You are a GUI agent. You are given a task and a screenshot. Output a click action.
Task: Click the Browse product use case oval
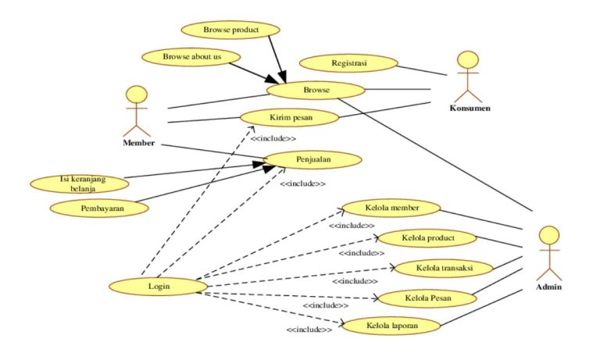coord(230,30)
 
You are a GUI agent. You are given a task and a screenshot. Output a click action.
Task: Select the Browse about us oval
coord(191,57)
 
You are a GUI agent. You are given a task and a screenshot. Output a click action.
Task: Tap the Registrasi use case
coord(349,62)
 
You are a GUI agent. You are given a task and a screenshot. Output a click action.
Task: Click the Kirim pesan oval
coord(289,118)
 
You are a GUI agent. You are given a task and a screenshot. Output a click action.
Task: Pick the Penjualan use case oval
coord(312,159)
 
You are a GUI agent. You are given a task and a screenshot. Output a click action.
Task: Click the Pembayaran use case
coord(98,208)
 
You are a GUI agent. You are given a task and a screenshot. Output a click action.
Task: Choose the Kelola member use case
coord(392,209)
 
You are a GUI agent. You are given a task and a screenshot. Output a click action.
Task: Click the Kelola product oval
coord(427,237)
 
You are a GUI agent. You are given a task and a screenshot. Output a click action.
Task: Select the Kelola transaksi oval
coord(443,268)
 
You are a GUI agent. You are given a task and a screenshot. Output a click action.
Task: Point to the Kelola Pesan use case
coord(427,299)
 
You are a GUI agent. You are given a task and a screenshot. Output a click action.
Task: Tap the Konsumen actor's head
coord(467,60)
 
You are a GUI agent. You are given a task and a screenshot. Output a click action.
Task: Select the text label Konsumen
coord(470,108)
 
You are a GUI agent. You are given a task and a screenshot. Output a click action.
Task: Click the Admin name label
coord(548,287)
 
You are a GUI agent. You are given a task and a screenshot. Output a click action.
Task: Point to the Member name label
coord(138,144)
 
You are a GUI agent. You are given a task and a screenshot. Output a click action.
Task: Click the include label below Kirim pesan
coord(273,138)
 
